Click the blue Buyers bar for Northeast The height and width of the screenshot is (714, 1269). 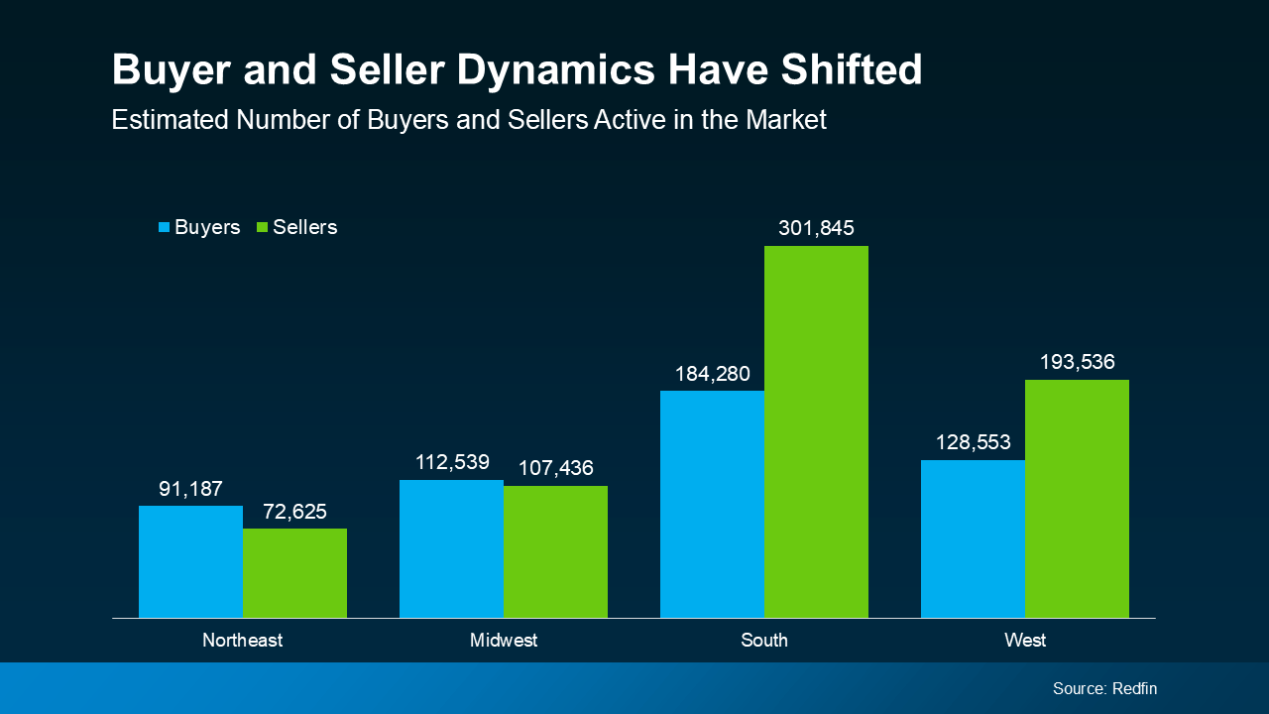[190, 561]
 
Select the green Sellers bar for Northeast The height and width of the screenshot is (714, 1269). [294, 573]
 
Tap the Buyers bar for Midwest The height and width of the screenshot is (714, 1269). [451, 548]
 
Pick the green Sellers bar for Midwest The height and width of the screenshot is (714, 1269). [555, 551]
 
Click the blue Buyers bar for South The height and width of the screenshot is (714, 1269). [712, 504]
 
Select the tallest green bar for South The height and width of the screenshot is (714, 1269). [816, 431]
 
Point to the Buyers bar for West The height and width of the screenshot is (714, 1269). [973, 538]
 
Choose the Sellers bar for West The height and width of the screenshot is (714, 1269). [1077, 499]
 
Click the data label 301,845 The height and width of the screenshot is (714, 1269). [816, 228]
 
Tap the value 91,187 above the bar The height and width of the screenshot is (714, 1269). [190, 489]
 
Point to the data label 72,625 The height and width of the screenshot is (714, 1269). [294, 512]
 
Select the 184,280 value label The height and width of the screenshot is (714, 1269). [712, 374]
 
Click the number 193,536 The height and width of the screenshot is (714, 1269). [1077, 362]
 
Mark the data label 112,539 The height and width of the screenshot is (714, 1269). [451, 462]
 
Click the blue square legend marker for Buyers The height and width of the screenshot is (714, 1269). [165, 228]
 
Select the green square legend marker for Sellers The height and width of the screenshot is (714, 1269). [263, 228]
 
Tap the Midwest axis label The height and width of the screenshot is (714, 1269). [504, 641]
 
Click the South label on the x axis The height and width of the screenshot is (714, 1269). [764, 641]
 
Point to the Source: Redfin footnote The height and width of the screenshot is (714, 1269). [1104, 688]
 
